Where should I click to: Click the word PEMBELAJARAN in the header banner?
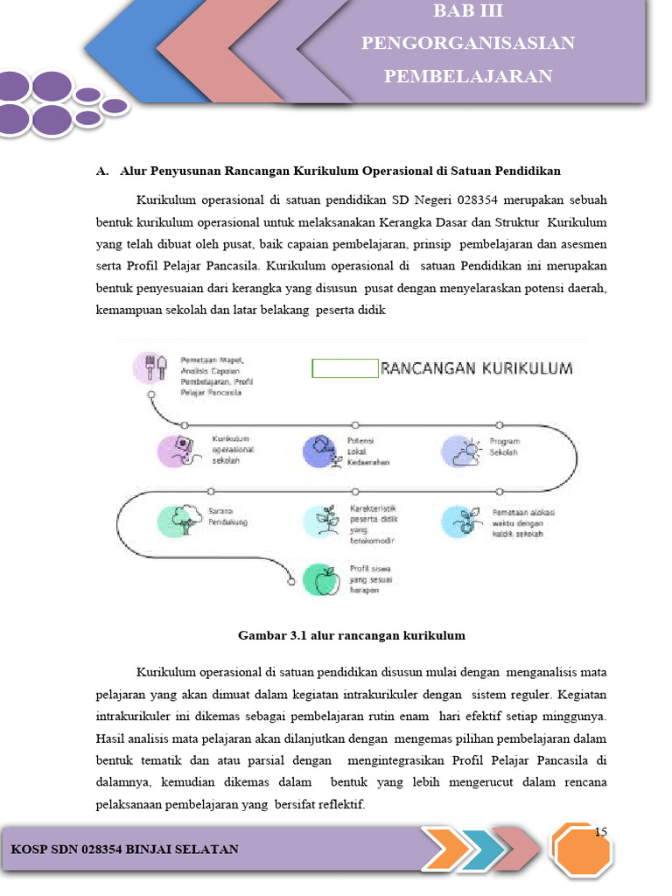pyautogui.click(x=468, y=77)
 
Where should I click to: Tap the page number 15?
pyautogui.click(x=600, y=831)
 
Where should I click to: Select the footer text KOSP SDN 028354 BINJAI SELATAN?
pyautogui.click(x=124, y=850)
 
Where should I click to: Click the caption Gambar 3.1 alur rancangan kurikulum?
pyautogui.click(x=352, y=635)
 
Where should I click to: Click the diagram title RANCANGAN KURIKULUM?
pyautogui.click(x=478, y=368)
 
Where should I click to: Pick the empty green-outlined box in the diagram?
pyautogui.click(x=345, y=368)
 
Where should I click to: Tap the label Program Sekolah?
pyautogui.click(x=504, y=447)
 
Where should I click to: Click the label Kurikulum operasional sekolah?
pyautogui.click(x=233, y=449)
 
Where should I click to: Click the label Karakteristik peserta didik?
pyautogui.click(x=374, y=521)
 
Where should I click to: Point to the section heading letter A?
pyautogui.click(x=101, y=171)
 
